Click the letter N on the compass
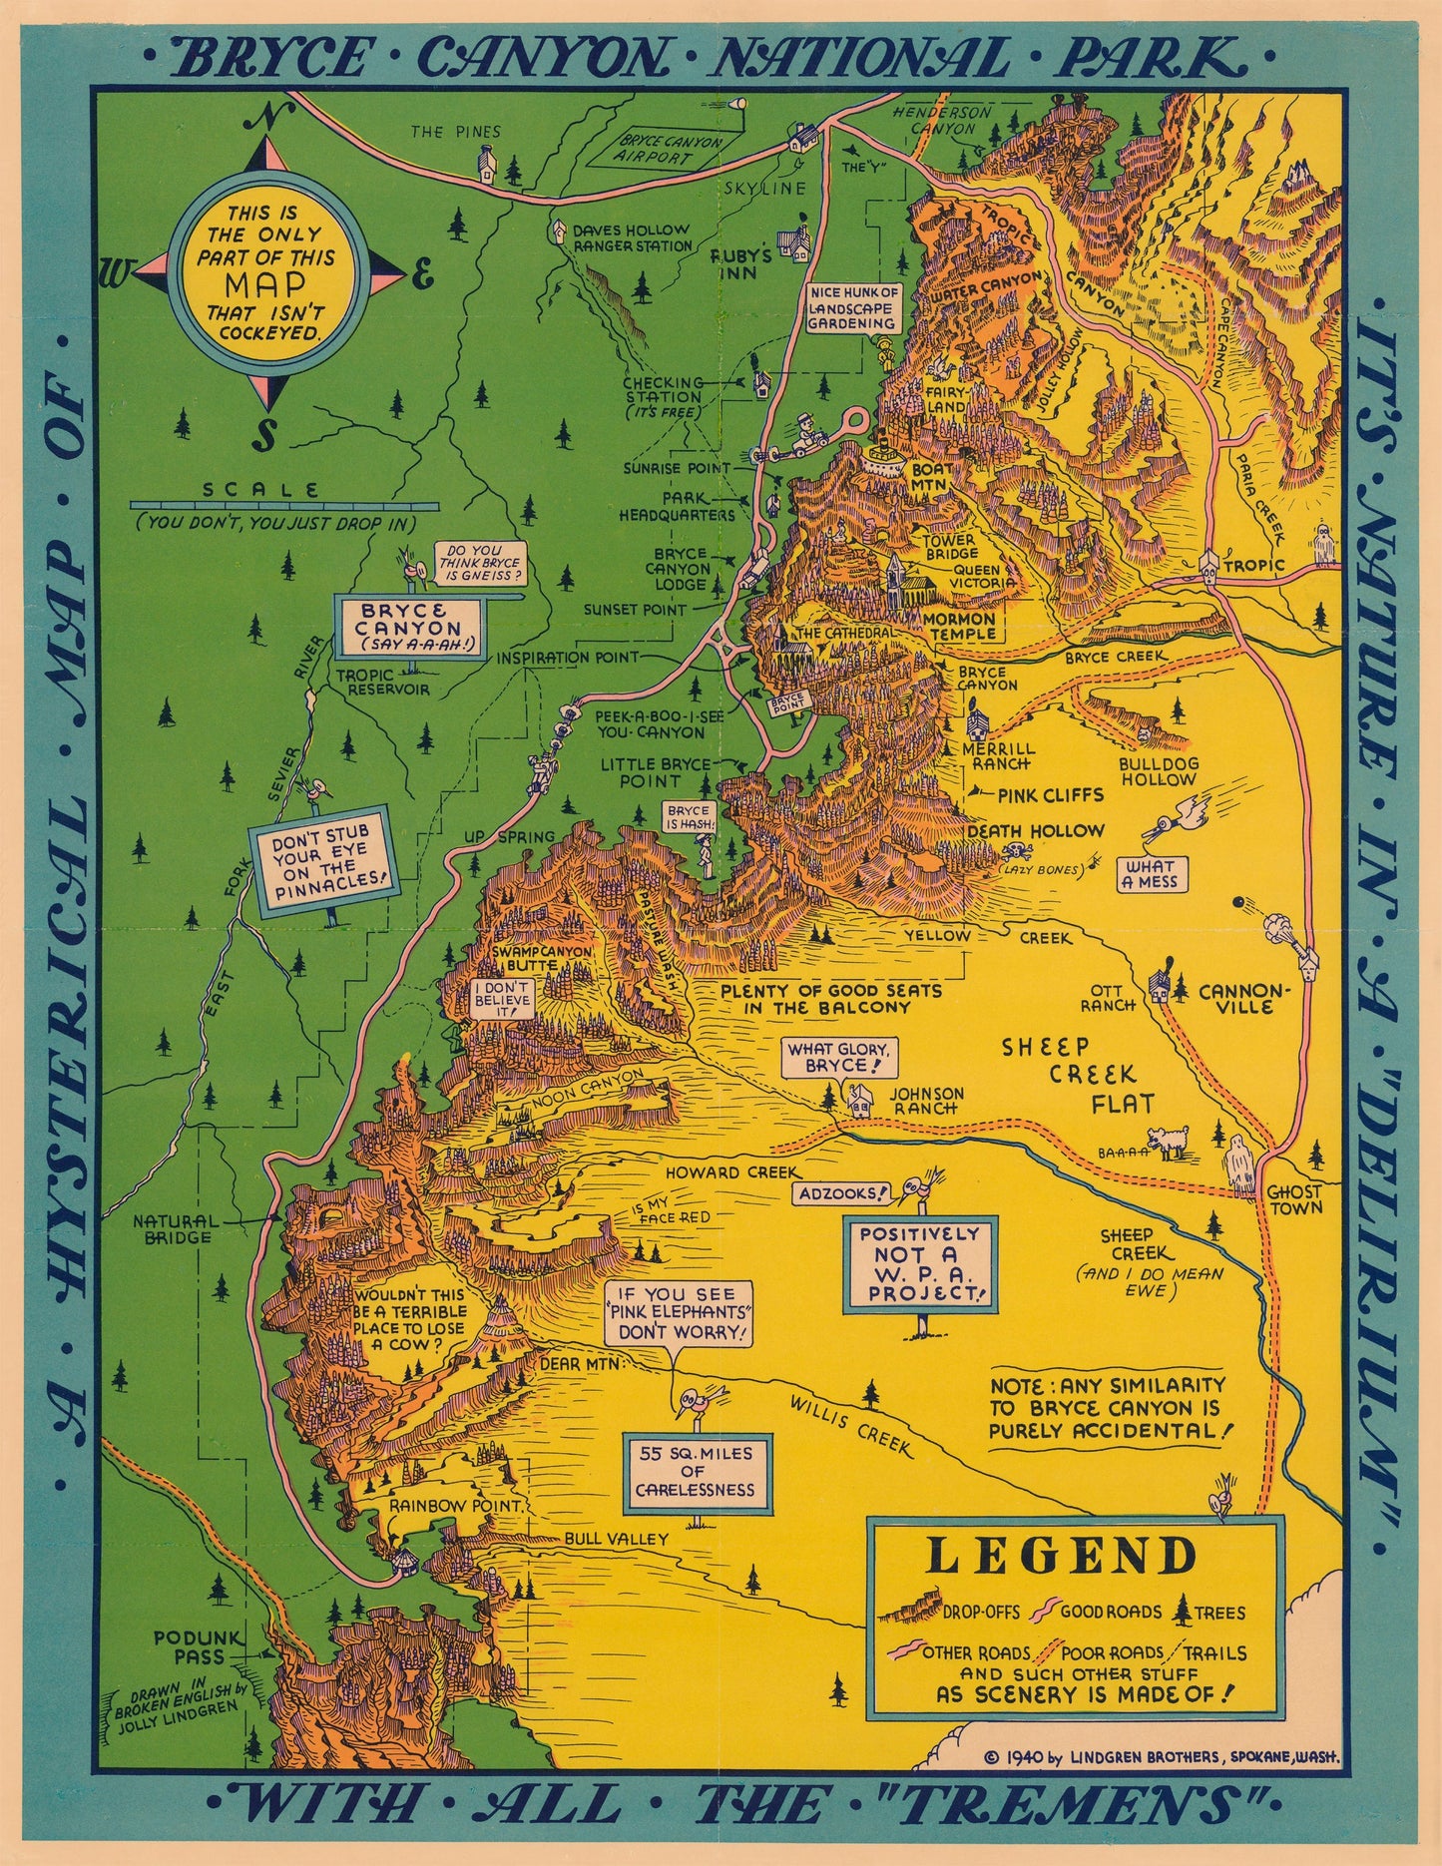tap(266, 117)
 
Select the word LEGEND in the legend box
tap(1063, 1556)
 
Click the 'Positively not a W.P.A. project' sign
tap(919, 1263)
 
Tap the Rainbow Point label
tap(440, 1505)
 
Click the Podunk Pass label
tap(189, 1646)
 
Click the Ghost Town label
tap(1294, 1199)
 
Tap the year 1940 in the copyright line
tap(1026, 1759)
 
